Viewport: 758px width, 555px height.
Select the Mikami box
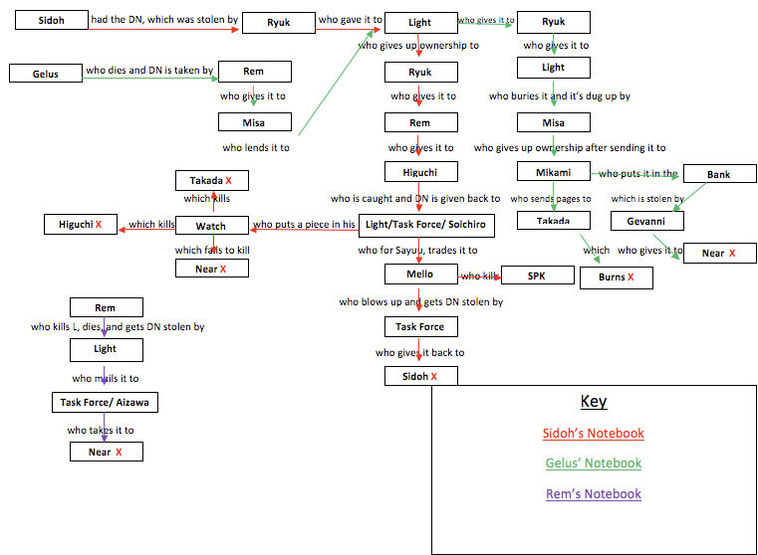(x=553, y=172)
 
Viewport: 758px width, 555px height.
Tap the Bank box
(x=718, y=174)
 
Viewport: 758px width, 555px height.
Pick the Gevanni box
(x=653, y=221)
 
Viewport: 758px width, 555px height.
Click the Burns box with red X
(x=616, y=277)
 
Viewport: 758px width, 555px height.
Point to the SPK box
(x=537, y=275)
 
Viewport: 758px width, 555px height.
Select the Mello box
(x=420, y=274)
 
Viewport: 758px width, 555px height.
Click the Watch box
(x=210, y=226)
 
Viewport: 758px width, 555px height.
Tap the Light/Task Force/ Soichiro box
(x=420, y=224)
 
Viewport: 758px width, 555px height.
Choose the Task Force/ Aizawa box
(x=105, y=402)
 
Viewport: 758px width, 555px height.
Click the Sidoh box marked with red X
(x=420, y=376)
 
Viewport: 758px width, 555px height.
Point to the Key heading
(x=593, y=402)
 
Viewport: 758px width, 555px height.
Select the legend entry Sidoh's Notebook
(x=593, y=433)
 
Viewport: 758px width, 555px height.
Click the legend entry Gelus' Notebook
(x=593, y=462)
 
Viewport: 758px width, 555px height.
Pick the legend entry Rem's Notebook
(x=593, y=493)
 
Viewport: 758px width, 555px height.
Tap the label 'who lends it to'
(x=255, y=147)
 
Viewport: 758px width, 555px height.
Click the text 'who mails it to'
(x=105, y=378)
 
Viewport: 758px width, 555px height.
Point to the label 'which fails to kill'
(x=211, y=250)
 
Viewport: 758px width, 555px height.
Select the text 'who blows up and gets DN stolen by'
(x=420, y=301)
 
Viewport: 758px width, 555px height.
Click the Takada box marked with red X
(x=210, y=180)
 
